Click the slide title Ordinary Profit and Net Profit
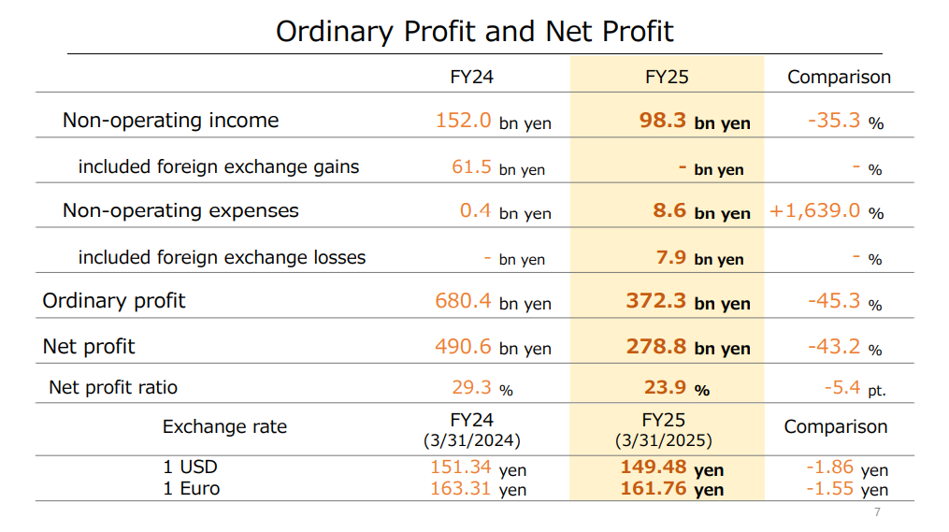(x=474, y=31)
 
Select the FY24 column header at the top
(x=471, y=77)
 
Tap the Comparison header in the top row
(x=839, y=77)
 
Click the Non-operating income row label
(x=170, y=121)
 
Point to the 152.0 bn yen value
(x=493, y=122)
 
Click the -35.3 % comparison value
(x=844, y=122)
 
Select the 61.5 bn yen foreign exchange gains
(x=497, y=168)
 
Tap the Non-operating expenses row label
(x=180, y=210)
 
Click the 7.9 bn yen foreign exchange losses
(x=699, y=258)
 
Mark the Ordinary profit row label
(x=114, y=301)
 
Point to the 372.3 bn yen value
(x=688, y=302)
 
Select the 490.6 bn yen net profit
(x=493, y=347)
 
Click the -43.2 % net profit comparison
(x=844, y=347)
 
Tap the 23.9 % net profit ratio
(x=677, y=388)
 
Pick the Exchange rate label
(x=224, y=427)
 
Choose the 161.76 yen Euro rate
(x=671, y=489)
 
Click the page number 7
(x=877, y=511)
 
